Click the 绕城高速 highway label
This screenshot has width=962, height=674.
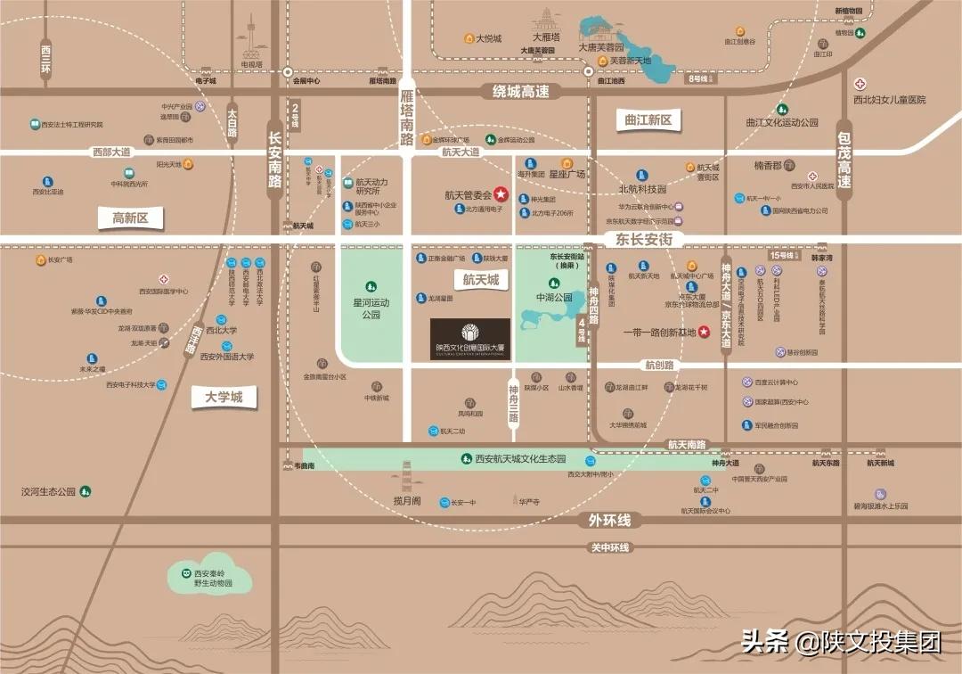521,91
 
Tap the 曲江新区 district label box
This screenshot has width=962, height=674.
648,120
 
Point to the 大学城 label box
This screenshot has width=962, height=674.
224,397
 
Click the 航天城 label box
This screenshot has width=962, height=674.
481,280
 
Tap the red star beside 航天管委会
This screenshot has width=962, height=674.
501,193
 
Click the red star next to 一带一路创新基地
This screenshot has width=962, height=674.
705,333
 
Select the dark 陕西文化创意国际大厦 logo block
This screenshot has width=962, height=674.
469,339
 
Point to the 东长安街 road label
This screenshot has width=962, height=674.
642,239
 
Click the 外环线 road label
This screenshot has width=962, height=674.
609,520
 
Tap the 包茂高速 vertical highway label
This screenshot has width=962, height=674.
844,160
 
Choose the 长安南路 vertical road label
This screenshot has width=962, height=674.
275,161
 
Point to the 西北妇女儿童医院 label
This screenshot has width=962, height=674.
889,99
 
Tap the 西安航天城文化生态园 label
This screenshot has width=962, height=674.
520,458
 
